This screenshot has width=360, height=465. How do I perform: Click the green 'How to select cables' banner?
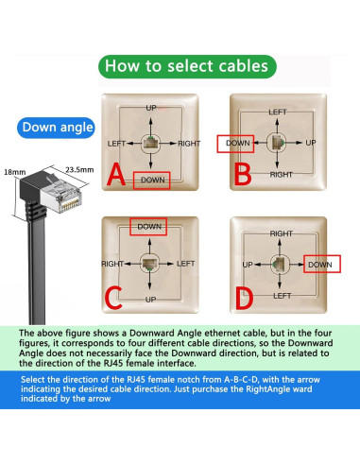click(187, 66)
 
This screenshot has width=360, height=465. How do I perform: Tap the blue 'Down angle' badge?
click(56, 128)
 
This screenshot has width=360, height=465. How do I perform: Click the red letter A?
click(116, 175)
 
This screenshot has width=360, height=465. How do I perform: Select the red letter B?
click(243, 175)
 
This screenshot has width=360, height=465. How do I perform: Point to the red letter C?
click(112, 298)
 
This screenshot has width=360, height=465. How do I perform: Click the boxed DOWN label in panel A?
click(152, 181)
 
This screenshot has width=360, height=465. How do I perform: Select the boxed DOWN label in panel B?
click(235, 144)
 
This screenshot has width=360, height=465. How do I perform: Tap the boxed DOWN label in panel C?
click(148, 227)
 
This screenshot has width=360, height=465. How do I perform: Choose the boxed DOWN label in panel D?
click(322, 264)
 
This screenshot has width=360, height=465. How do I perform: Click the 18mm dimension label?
click(15, 172)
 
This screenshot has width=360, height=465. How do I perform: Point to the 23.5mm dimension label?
click(79, 170)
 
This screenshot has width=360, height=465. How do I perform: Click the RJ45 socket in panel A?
click(150, 144)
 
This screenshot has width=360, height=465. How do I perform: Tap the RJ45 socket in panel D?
click(280, 264)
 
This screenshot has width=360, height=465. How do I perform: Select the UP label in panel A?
click(151, 108)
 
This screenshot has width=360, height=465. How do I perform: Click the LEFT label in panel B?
click(278, 112)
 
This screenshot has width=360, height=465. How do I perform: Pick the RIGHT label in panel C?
click(112, 264)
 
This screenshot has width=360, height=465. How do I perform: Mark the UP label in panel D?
click(248, 265)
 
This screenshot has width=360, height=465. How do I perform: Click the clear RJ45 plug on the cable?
click(61, 196)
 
